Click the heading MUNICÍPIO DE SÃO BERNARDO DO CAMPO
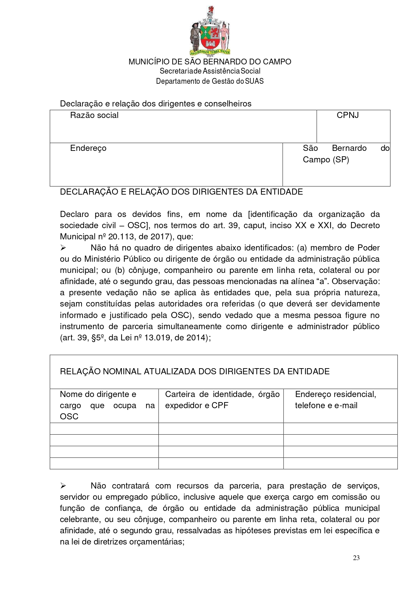210,62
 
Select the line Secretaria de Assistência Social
210,71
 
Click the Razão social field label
94,115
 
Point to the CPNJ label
348,115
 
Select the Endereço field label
88,148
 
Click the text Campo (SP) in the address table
326,160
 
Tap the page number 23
356,558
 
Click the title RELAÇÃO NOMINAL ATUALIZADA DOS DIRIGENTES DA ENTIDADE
195,372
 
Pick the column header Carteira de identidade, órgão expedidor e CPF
222,400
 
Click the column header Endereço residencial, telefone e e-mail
335,400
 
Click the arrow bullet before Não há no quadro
63,248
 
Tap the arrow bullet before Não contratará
63,486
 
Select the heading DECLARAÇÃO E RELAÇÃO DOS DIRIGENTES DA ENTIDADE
181,192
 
